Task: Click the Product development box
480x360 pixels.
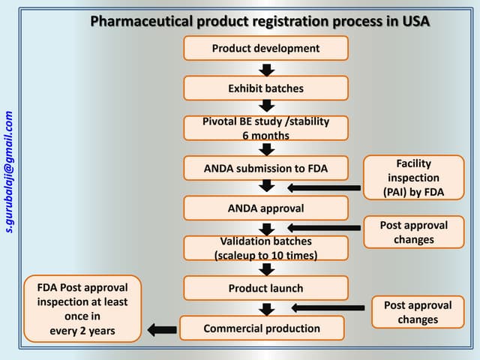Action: tap(265, 48)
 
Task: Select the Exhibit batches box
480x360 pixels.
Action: tap(265, 88)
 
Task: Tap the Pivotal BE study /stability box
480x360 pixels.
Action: tap(265, 128)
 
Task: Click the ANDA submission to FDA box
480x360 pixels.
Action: tap(265, 169)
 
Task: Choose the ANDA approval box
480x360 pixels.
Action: tap(265, 208)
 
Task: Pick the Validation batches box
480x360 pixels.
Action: tap(265, 248)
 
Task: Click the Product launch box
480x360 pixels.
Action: tap(265, 288)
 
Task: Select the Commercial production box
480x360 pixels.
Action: tap(262, 328)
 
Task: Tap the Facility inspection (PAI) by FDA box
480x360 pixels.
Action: tap(414, 178)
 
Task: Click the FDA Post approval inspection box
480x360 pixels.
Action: tap(82, 309)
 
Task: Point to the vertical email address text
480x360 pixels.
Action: tap(10, 172)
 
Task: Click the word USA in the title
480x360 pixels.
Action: tap(413, 20)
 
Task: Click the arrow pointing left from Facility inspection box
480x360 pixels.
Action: tap(323, 188)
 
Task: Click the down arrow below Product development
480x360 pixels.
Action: tap(266, 69)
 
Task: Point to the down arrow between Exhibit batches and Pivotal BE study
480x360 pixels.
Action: tap(266, 109)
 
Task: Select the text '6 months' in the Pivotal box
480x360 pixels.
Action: tap(265, 135)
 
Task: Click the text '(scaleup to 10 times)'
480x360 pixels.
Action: tap(265, 255)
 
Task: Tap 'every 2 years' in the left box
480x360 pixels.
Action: tap(82, 330)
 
